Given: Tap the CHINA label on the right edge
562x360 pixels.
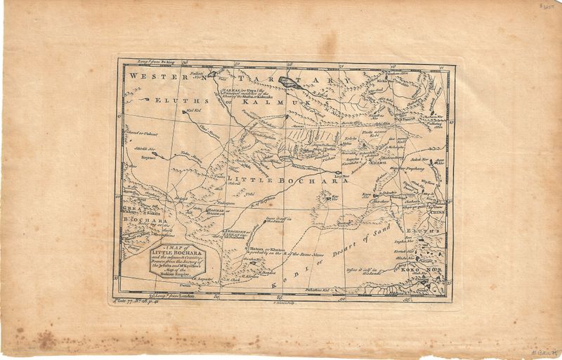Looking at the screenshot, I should click(431, 209).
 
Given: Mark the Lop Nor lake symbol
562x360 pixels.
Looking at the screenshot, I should click(338, 173).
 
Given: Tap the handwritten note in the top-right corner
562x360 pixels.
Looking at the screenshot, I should click(548, 6).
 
